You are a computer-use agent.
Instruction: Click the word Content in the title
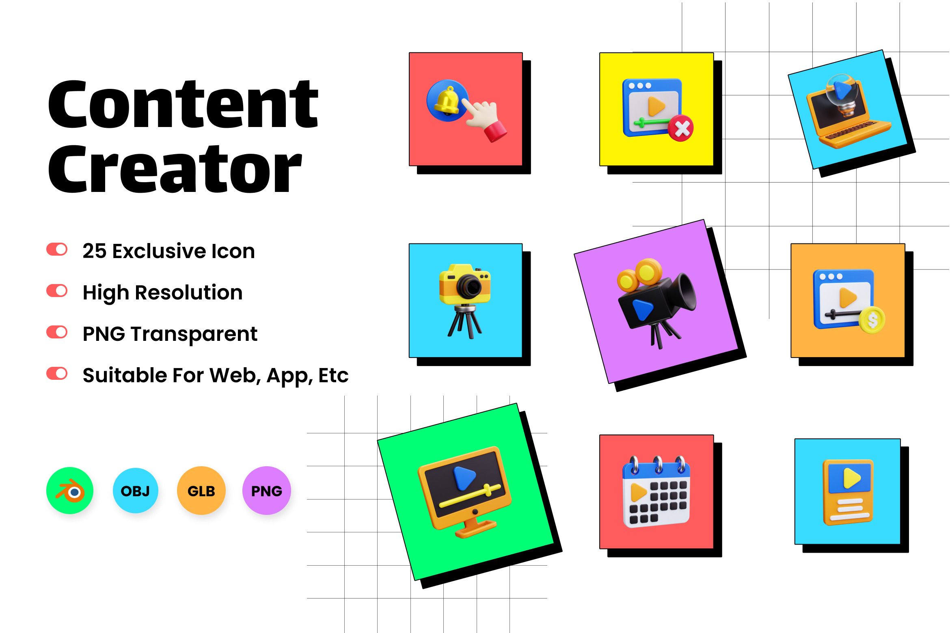coord(183,104)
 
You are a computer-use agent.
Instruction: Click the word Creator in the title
coord(175,169)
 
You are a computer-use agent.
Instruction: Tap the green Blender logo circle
coord(70,491)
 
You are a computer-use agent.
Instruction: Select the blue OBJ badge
coord(136,491)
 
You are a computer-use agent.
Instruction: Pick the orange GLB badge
coord(201,491)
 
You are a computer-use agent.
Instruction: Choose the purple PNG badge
coord(267,491)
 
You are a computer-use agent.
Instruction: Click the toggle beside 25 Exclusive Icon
coord(57,250)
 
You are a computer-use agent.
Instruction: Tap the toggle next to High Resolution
coord(57,291)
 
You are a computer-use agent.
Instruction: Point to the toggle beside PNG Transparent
coord(57,332)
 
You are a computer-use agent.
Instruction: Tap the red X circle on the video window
coord(681,128)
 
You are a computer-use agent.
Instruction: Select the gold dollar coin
coord(872,321)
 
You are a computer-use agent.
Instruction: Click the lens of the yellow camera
coord(469,286)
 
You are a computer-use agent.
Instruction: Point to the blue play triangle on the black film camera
coord(643,309)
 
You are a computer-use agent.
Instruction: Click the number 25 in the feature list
coord(95,251)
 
